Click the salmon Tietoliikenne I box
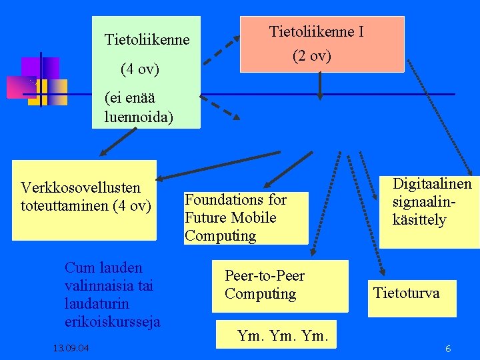click(322, 44)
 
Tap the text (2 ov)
click(311, 56)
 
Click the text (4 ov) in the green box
click(139, 68)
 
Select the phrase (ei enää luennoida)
click(138, 107)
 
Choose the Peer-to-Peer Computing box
click(280, 285)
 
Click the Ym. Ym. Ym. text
click(283, 335)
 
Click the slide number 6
click(448, 349)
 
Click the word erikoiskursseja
click(112, 322)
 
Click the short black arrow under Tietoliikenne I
click(321, 85)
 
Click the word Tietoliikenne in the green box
click(147, 40)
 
